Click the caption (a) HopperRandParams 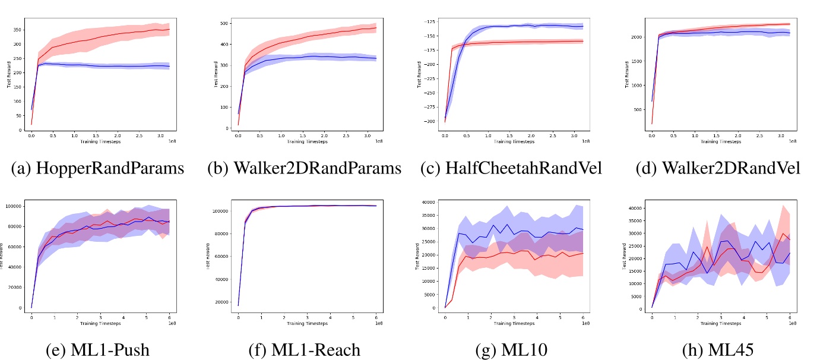97,169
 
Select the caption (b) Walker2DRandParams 304,169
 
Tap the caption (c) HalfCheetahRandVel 511,169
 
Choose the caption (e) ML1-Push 97,350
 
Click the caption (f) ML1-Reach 304,350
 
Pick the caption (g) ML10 511,350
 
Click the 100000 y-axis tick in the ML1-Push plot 15,206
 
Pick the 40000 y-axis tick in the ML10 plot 429,201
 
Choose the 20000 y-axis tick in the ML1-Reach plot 222,302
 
